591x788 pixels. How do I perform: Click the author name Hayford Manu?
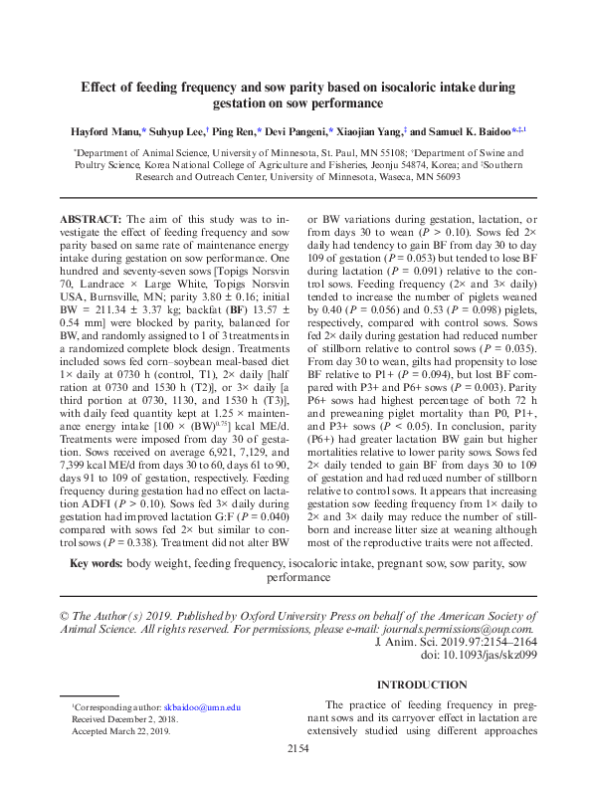click(x=104, y=131)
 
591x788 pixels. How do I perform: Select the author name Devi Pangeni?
click(x=290, y=131)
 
